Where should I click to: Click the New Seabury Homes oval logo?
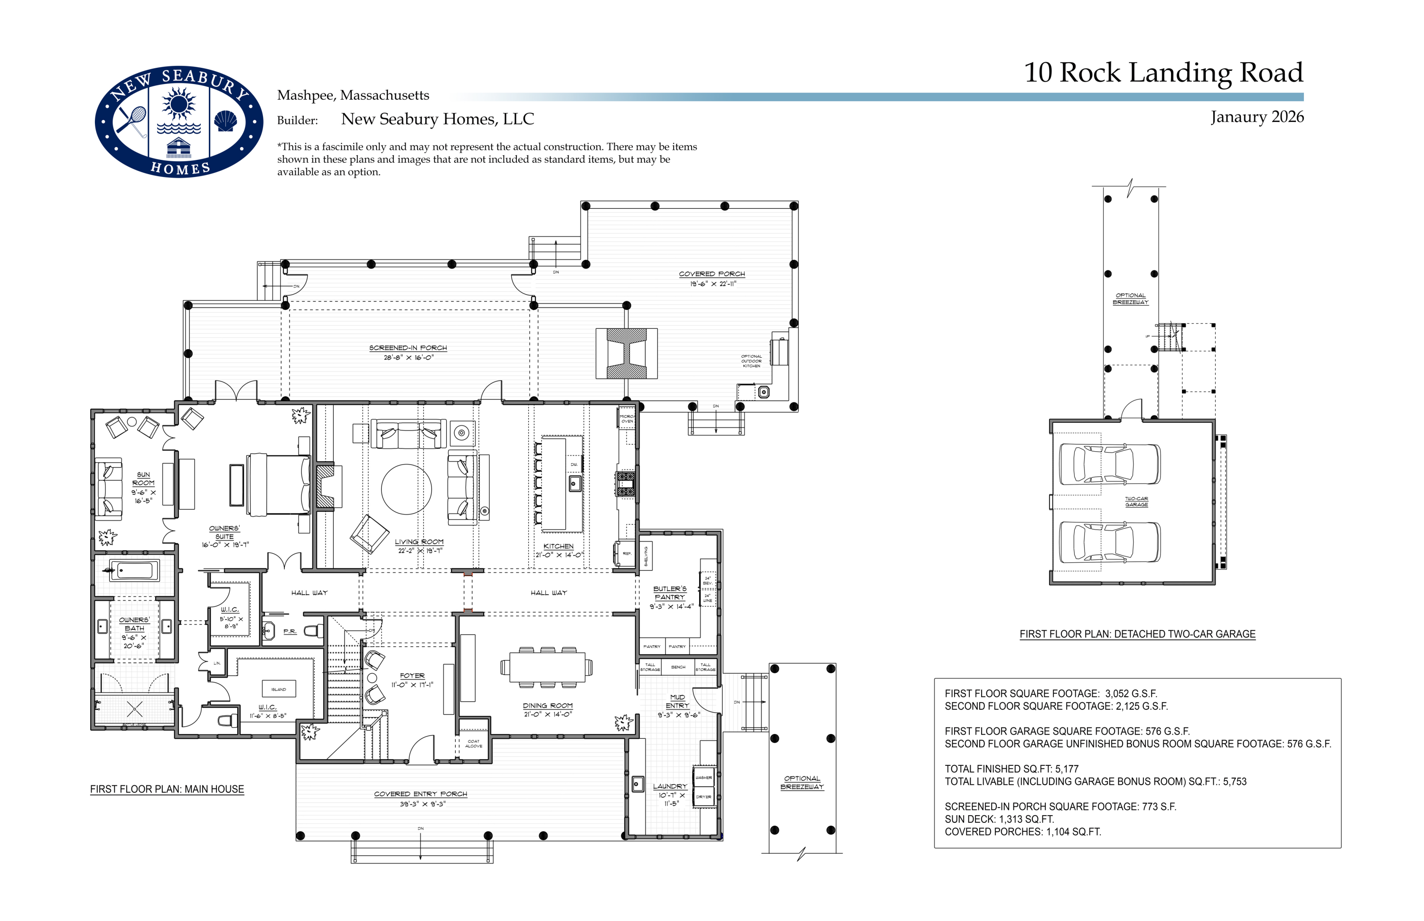(178, 121)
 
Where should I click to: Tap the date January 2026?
(1256, 117)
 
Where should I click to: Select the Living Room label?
(419, 542)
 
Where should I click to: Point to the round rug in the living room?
(406, 489)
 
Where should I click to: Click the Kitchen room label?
(558, 546)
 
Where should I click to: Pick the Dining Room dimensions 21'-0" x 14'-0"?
(547, 714)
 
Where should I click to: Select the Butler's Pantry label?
(670, 593)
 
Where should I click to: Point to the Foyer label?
(412, 675)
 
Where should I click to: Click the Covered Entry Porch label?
(421, 794)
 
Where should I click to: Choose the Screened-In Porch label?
(408, 347)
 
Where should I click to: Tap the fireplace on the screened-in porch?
(627, 353)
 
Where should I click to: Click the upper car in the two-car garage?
(1109, 464)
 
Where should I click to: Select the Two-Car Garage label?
(1136, 501)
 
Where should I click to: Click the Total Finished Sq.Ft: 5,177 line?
(1011, 769)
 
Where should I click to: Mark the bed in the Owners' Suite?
(278, 484)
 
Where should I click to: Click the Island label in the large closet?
(279, 689)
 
